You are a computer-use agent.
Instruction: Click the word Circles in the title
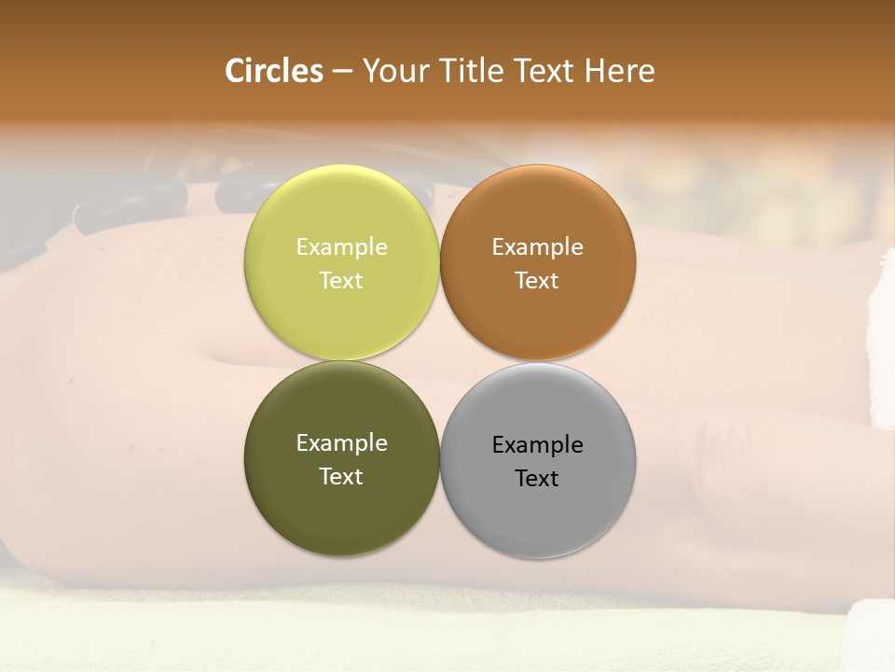274,71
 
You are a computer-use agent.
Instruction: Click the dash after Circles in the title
342,72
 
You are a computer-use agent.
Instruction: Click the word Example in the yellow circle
341,247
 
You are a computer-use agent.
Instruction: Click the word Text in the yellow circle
341,281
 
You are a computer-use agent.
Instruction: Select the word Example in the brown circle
538,247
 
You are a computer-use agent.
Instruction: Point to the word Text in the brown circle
538,281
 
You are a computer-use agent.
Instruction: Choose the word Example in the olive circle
341,443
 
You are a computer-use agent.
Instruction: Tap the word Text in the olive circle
341,477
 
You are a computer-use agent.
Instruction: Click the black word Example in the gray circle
538,445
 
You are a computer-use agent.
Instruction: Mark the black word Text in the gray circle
538,479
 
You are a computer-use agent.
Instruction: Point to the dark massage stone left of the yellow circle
131,205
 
